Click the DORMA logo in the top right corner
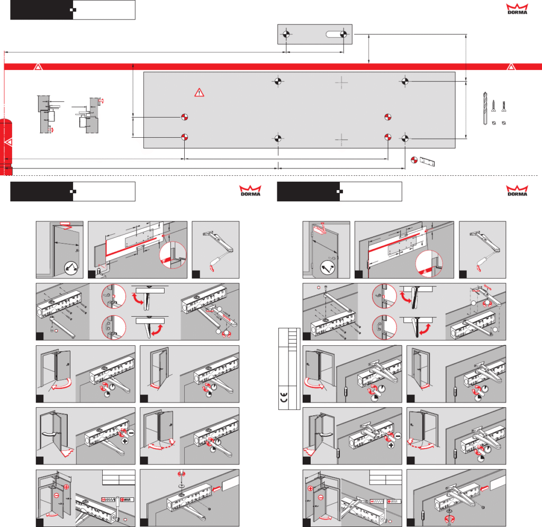coord(517,9)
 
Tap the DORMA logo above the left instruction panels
coord(250,191)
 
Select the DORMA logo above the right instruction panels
coord(517,191)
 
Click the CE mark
coord(284,398)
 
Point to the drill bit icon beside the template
coord(485,108)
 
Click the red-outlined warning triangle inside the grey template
coord(199,93)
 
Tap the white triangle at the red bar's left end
coord(38,67)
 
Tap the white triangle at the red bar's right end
coord(511,67)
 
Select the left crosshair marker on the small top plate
coord(286,34)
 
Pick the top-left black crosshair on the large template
coord(278,81)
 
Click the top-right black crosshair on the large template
coord(405,81)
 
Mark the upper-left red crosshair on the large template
coord(185,117)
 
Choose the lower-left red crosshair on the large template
coord(185,137)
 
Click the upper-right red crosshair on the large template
coord(388,117)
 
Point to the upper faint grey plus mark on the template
coord(341,83)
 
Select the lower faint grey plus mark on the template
coord(341,140)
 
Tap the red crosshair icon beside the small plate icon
coord(414,160)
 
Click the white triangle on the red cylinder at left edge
coord(8,142)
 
